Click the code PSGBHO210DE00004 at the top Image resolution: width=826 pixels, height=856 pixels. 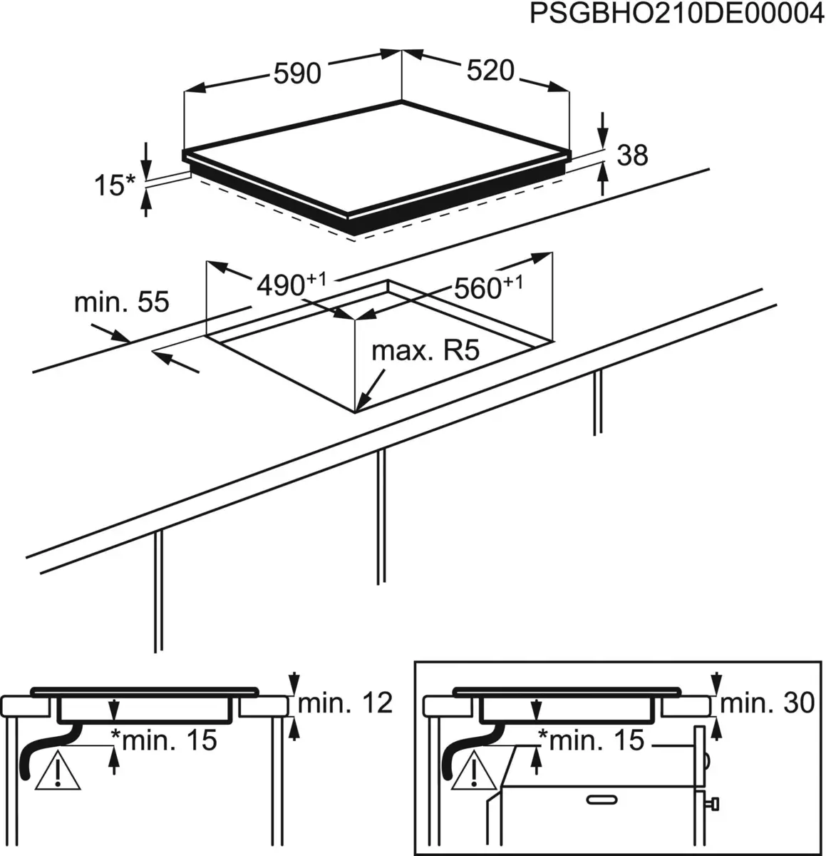pos(673,15)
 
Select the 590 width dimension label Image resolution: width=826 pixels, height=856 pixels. pos(297,73)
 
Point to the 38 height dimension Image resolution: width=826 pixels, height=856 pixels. pos(631,155)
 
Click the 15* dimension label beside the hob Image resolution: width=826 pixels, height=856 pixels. pos(114,185)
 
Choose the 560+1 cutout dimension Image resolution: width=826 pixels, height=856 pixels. pos(487,287)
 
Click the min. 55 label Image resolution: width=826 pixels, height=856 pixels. pos(122,302)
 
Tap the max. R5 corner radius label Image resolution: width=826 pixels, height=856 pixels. pos(425,351)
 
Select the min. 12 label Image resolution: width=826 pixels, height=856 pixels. pos(346,703)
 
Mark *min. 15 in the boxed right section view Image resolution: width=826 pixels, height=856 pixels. pos(591,740)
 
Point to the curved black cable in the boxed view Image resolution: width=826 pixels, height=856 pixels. pos(463,749)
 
